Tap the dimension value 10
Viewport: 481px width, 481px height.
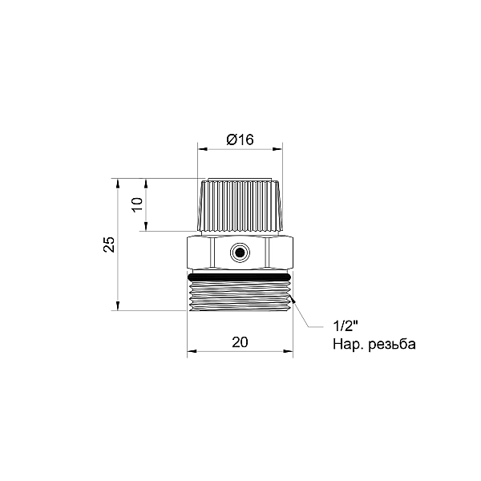pyautogui.click(x=136, y=204)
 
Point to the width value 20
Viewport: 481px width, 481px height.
pyautogui.click(x=240, y=342)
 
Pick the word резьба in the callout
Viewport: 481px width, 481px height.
pyautogui.click(x=387, y=345)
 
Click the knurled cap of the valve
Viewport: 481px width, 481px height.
pyautogui.click(x=240, y=205)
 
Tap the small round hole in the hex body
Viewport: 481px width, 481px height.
pyautogui.click(x=239, y=253)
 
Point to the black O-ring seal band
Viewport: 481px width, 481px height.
pyautogui.click(x=240, y=276)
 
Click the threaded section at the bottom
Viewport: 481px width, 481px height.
pyautogui.click(x=240, y=296)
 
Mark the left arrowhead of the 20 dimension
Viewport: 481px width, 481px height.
pyautogui.click(x=192, y=352)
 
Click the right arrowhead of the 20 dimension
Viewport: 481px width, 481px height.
pyautogui.click(x=289, y=352)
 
